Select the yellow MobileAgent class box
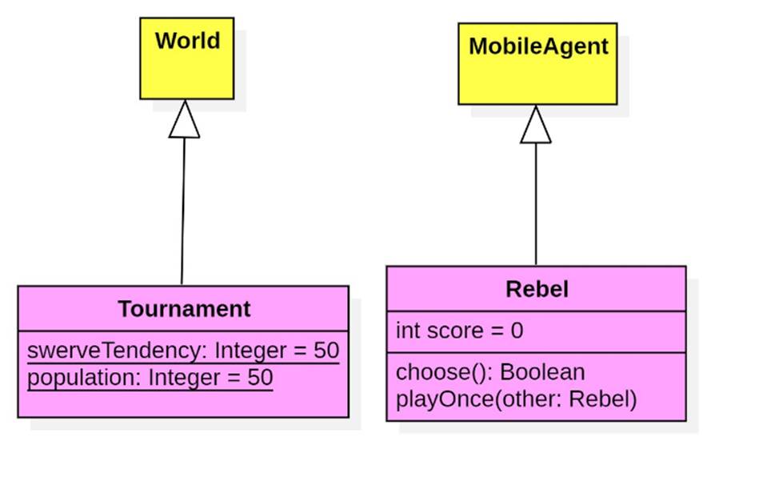tap(537, 63)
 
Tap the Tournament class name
tap(184, 309)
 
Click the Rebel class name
tap(537, 289)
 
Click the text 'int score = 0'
tap(459, 331)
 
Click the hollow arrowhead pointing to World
tap(184, 119)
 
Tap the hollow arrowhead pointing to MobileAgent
tap(536, 125)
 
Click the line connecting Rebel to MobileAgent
tap(536, 204)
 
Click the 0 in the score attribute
tap(516, 331)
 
